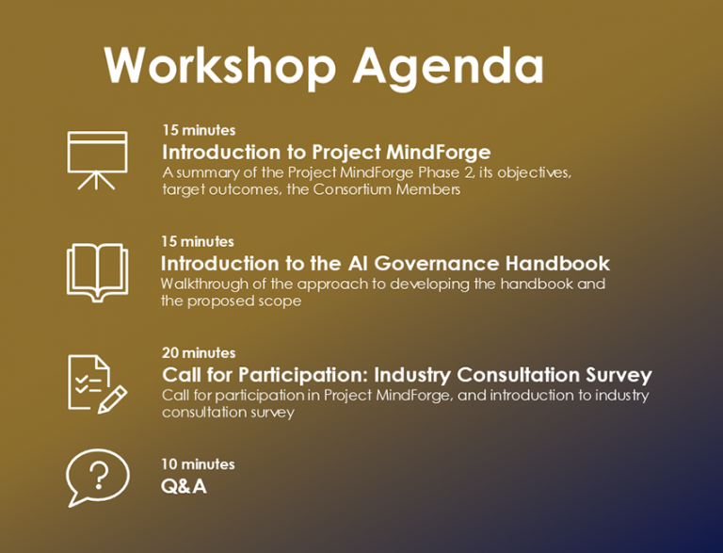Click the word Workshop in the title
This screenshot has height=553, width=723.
coord(220,66)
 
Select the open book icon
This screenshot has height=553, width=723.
coord(97,271)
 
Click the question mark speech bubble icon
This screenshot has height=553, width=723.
coord(97,478)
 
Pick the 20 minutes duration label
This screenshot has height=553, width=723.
coord(198,352)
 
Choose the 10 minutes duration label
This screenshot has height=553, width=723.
coord(198,464)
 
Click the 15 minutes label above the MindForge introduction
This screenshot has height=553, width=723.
coord(198,130)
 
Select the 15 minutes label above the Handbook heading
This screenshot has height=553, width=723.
coord(198,241)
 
